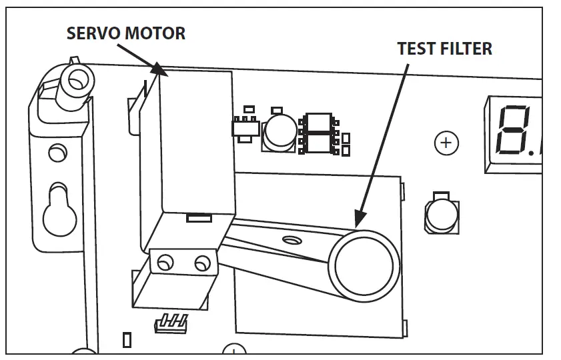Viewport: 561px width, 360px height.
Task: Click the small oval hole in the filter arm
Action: point(291,239)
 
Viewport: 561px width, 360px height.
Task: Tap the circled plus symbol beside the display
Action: point(445,142)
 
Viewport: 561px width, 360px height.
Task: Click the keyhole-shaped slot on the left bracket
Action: point(57,210)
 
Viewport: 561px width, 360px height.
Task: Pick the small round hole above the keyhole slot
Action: point(57,154)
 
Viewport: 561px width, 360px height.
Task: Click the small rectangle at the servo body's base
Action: point(199,218)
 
